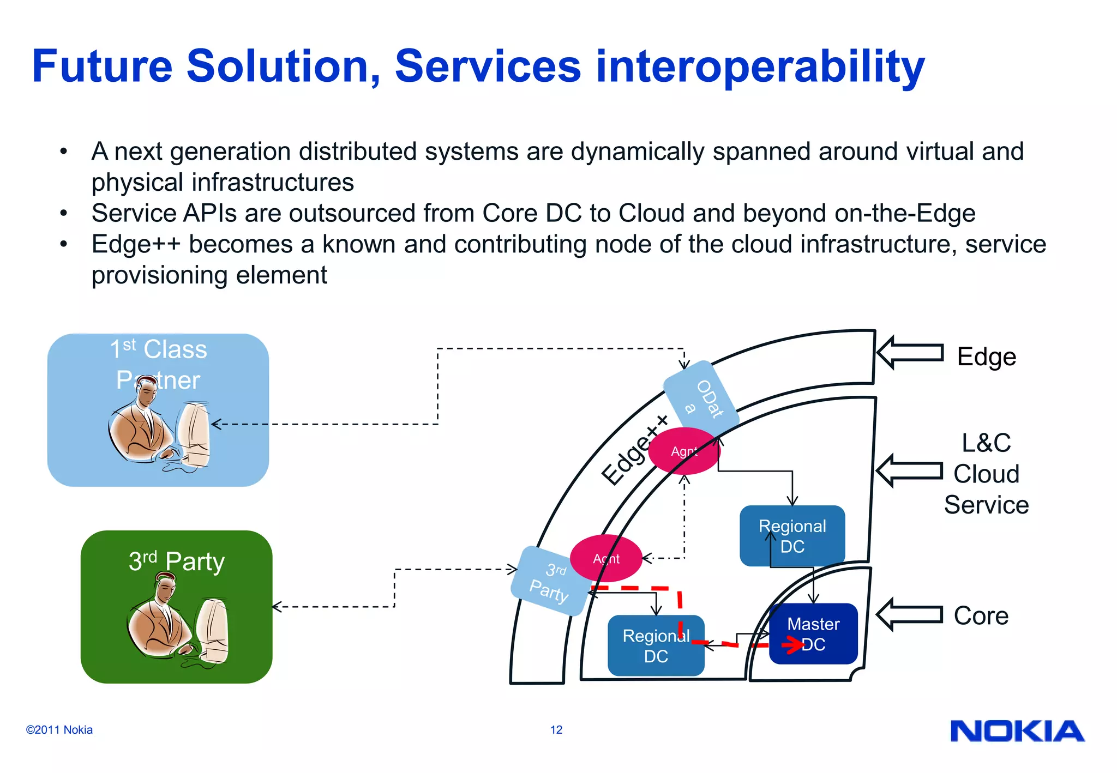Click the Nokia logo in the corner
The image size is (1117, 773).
(1017, 731)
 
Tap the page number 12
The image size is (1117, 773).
(556, 730)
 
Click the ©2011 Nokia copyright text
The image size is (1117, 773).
(59, 730)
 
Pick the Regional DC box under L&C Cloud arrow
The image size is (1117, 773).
(792, 536)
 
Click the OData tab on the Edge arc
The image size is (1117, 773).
(701, 397)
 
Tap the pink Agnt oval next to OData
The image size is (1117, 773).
(684, 451)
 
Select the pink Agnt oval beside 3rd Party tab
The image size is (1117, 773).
(606, 558)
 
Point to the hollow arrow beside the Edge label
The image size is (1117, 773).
(910, 353)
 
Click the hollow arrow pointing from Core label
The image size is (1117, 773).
(909, 614)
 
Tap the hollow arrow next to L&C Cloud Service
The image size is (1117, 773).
(909, 470)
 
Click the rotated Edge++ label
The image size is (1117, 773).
(634, 450)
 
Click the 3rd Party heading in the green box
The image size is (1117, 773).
(176, 561)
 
